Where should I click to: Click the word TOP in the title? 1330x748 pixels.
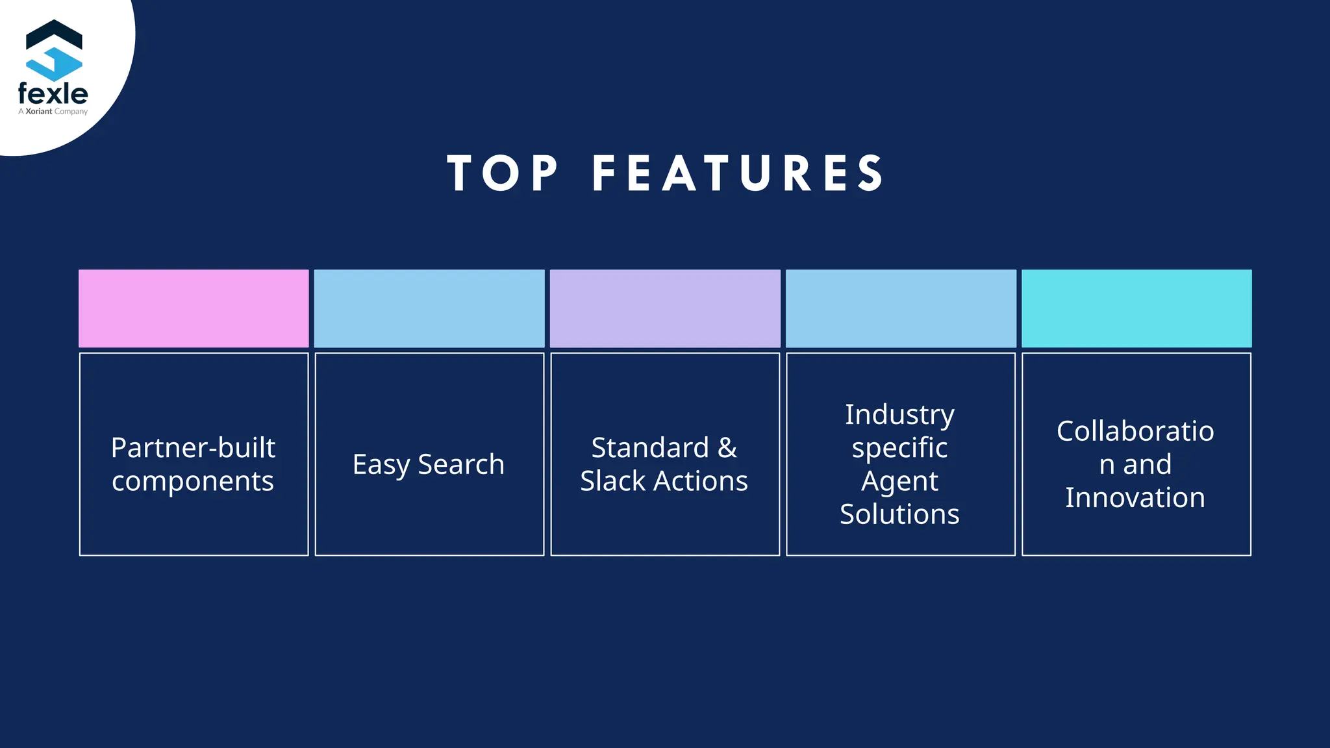coord(502,173)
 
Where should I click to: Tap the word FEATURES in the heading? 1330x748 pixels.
coord(738,173)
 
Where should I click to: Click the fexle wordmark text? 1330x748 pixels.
coord(53,93)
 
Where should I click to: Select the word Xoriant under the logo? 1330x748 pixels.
coord(39,112)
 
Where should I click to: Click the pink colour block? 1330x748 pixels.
coord(194,308)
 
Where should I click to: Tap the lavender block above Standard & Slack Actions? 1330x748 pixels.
coord(665,308)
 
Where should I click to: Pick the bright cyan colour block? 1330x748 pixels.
coord(1136,308)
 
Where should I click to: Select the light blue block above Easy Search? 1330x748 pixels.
coord(429,308)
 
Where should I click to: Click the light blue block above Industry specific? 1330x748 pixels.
coord(901,308)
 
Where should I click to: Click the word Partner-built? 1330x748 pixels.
coord(193,447)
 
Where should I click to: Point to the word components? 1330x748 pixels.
coord(193,481)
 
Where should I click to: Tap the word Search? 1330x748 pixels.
coord(461,464)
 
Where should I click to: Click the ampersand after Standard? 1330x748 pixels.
coord(727,447)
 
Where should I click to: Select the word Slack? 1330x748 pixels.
coord(612,481)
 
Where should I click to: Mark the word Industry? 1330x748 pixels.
coord(899,414)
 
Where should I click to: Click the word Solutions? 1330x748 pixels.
coord(899,514)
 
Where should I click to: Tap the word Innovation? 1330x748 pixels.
coord(1135,497)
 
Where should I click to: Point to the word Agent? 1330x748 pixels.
coord(899,482)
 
